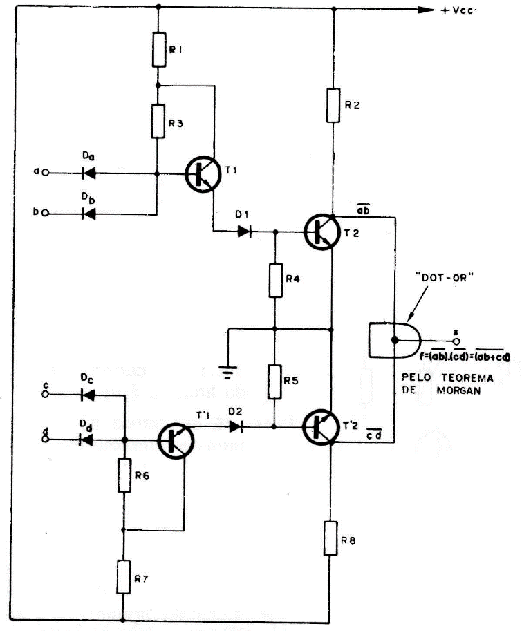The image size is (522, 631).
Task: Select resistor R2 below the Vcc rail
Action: (x=334, y=105)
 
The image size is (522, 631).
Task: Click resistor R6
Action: (x=124, y=475)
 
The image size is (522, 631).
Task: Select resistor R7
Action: (x=124, y=577)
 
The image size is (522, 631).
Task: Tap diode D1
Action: (x=244, y=232)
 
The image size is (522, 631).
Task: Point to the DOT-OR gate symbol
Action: (x=392, y=340)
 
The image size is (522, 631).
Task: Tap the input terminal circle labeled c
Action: (x=46, y=395)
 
